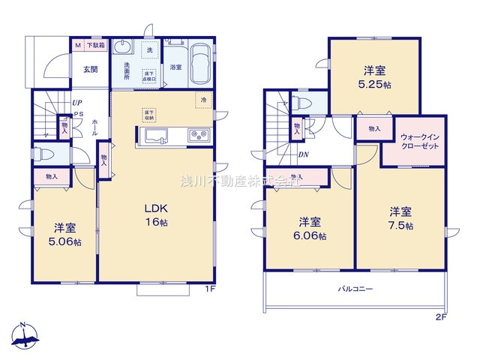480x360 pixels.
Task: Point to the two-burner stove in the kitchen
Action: coord(199,135)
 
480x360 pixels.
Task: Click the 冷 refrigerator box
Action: coord(203,98)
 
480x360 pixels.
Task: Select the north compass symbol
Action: coord(27,335)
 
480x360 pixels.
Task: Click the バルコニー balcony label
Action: coord(355,288)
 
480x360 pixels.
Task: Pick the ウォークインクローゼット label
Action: coord(415,142)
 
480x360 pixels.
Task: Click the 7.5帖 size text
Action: coord(402,226)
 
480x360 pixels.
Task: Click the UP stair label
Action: coord(76,103)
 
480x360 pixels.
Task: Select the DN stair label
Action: coord(303,155)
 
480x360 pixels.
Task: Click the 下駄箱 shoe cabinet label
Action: coord(94,46)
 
